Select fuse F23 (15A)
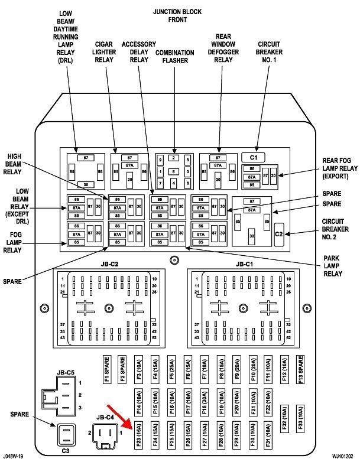pyautogui.click(x=138, y=437)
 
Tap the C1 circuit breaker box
pyautogui.click(x=254, y=157)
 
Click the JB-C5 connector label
pyautogui.click(x=66, y=373)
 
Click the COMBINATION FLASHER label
pyautogui.click(x=175, y=57)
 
